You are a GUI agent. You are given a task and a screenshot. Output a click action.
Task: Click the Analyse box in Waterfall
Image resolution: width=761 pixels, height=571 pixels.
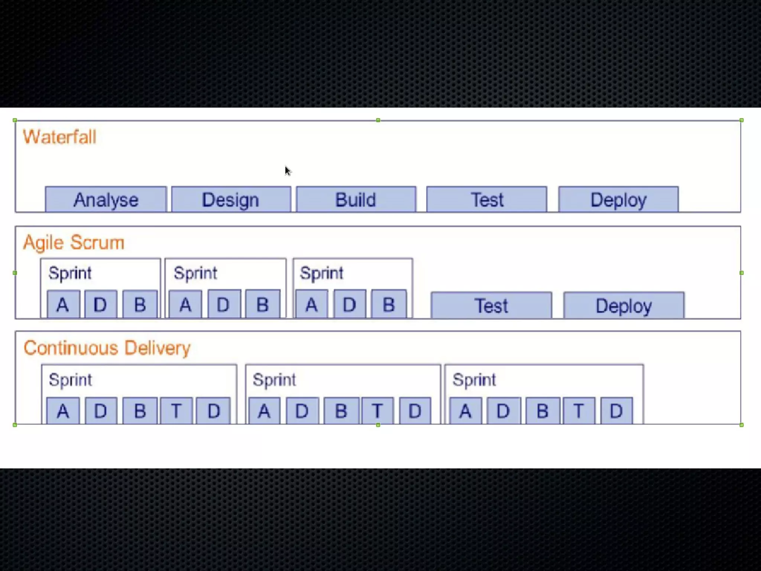pyautogui.click(x=106, y=200)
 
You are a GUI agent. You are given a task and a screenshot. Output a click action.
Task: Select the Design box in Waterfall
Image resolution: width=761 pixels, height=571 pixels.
pyautogui.click(x=231, y=200)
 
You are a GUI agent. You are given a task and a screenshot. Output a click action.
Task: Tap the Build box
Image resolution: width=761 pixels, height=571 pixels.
pyautogui.click(x=356, y=200)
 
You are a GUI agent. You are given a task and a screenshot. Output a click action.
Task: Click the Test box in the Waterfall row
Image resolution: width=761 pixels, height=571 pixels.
pyautogui.click(x=487, y=200)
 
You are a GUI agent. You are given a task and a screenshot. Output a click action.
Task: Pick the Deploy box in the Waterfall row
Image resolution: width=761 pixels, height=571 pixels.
pyautogui.click(x=618, y=200)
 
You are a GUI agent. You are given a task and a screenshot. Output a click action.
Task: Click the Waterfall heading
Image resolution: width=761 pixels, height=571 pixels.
pyautogui.click(x=60, y=137)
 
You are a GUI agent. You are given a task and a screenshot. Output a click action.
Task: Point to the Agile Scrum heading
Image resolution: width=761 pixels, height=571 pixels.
pyautogui.click(x=74, y=242)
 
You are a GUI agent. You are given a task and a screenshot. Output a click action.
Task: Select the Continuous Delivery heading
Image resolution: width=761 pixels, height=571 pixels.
pyautogui.click(x=107, y=348)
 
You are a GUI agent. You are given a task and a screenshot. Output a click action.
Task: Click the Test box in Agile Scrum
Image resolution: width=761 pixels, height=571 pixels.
pyautogui.click(x=491, y=306)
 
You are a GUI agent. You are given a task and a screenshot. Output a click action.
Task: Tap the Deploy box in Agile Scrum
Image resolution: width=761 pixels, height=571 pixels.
pyautogui.click(x=624, y=306)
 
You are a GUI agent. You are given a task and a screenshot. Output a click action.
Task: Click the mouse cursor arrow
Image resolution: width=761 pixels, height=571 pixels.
pyautogui.click(x=288, y=170)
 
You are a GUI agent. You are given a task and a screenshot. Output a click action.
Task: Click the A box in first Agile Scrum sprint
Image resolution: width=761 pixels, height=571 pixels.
pyautogui.click(x=63, y=304)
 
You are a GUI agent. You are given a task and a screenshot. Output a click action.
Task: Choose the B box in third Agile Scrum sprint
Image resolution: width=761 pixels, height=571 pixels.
pyautogui.click(x=389, y=304)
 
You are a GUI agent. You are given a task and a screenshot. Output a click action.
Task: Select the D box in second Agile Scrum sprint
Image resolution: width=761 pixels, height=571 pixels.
pyautogui.click(x=224, y=304)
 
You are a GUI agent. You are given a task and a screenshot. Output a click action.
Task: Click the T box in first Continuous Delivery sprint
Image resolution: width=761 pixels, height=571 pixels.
pyautogui.click(x=176, y=411)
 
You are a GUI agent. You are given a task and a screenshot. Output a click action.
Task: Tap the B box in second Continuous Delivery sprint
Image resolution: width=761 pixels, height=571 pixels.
pyautogui.click(x=341, y=411)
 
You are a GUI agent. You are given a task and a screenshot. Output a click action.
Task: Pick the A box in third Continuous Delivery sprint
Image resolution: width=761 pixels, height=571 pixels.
pyautogui.click(x=465, y=411)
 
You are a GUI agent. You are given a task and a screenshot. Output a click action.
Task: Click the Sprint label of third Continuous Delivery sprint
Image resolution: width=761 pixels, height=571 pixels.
pyautogui.click(x=474, y=380)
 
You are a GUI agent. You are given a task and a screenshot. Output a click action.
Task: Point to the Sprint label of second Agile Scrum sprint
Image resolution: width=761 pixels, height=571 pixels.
pyautogui.click(x=195, y=273)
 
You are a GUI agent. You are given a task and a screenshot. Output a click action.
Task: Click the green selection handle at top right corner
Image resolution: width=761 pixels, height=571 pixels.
pyautogui.click(x=741, y=120)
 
